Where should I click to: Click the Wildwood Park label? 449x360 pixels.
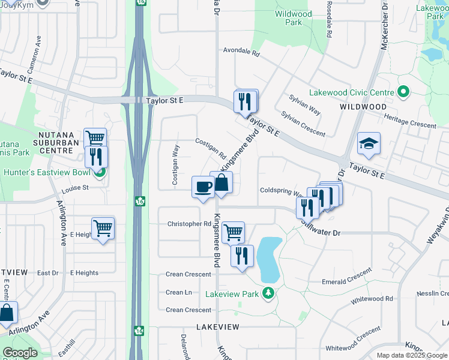293,18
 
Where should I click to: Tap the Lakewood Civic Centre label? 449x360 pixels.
351,93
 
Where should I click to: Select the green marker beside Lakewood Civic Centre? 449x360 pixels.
403,92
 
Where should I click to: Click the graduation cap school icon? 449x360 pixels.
369,143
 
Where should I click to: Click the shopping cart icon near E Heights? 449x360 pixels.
103,228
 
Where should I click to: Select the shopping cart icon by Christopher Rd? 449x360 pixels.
233,231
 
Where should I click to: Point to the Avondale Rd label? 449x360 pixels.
241,53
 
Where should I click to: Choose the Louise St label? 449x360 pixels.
75,188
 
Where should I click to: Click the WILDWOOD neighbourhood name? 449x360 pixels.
363,106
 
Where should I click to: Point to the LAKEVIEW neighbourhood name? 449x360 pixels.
217,327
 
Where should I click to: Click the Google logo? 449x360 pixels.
20,353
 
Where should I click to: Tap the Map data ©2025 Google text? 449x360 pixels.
411,355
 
